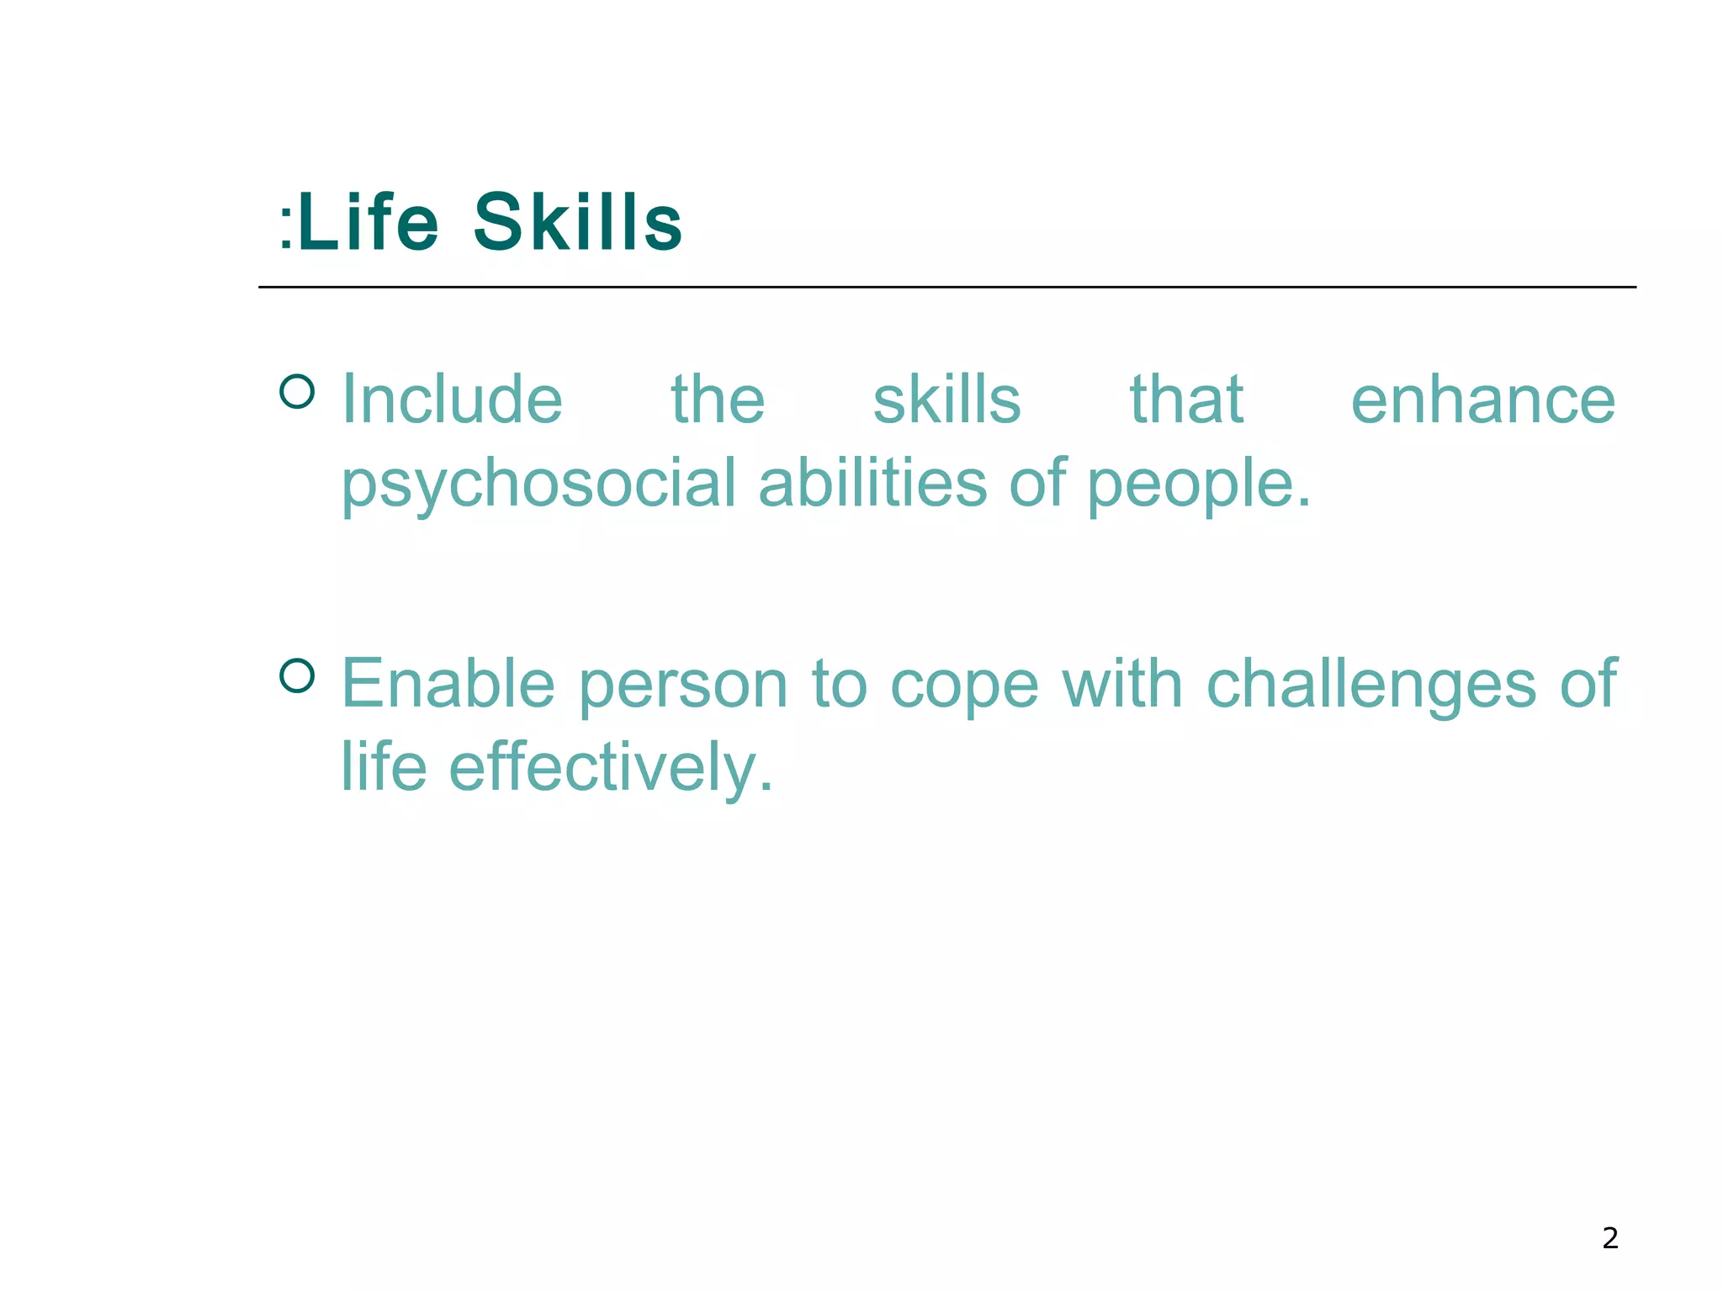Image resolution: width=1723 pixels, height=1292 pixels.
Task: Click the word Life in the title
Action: pyautogui.click(x=368, y=223)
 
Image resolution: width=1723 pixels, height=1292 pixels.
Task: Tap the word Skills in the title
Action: pyautogui.click(x=577, y=223)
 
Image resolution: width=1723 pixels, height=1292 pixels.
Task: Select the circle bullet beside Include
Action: pyautogui.click(x=297, y=391)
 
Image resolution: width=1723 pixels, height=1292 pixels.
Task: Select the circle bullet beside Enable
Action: pyautogui.click(x=297, y=675)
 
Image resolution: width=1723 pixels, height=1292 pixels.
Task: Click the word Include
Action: pyautogui.click(x=452, y=400)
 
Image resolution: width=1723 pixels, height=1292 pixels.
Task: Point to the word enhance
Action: pyautogui.click(x=1482, y=400)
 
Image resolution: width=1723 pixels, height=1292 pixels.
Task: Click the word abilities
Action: pyautogui.click(x=872, y=484)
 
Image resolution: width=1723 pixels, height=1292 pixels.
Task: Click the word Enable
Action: pyautogui.click(x=448, y=684)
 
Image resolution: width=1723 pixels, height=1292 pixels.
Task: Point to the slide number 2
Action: pyautogui.click(x=1609, y=1238)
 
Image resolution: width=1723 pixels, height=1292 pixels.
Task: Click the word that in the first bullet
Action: pyautogui.click(x=1186, y=400)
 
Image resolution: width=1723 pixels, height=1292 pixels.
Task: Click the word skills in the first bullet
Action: pyautogui.click(x=946, y=400)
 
